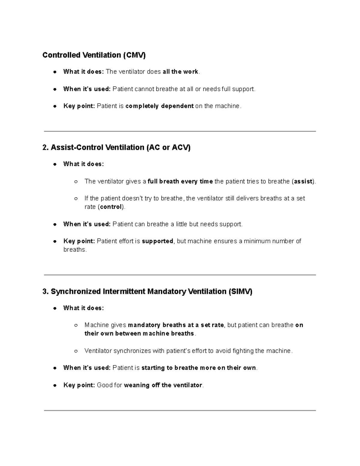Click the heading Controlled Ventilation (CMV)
click(94, 55)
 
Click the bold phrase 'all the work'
click(180, 72)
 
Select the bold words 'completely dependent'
click(159, 106)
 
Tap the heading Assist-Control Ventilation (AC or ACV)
click(116, 148)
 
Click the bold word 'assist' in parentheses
click(303, 182)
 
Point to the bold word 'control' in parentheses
click(111, 207)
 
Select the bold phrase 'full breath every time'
click(180, 182)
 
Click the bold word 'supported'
click(157, 241)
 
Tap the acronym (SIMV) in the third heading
click(240, 292)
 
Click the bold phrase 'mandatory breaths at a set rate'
click(176, 325)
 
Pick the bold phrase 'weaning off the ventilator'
click(163, 385)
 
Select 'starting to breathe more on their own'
click(199, 368)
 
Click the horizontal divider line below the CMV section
click(180, 131)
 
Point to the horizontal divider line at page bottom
click(180, 410)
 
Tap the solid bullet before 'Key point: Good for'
click(55, 385)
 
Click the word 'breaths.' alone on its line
click(75, 250)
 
